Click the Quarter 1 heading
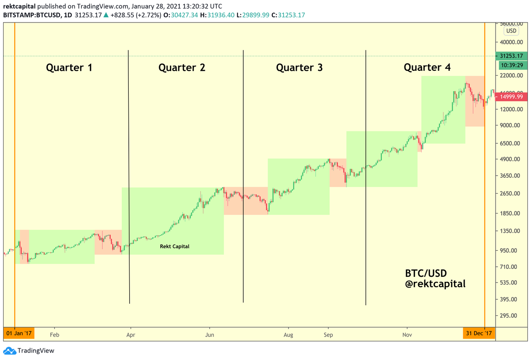point(69,68)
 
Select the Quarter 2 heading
point(182,68)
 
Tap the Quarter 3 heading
point(300,68)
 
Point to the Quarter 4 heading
point(427,67)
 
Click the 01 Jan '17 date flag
point(19,333)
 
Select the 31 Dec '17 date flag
point(479,333)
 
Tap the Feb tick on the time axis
point(54,335)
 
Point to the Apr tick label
point(131,335)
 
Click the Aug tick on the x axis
point(289,335)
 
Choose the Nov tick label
point(407,335)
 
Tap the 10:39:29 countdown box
point(512,65)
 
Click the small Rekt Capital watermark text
point(174,246)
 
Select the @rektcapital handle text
point(435,284)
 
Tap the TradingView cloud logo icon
point(9,351)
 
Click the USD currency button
point(511,31)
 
